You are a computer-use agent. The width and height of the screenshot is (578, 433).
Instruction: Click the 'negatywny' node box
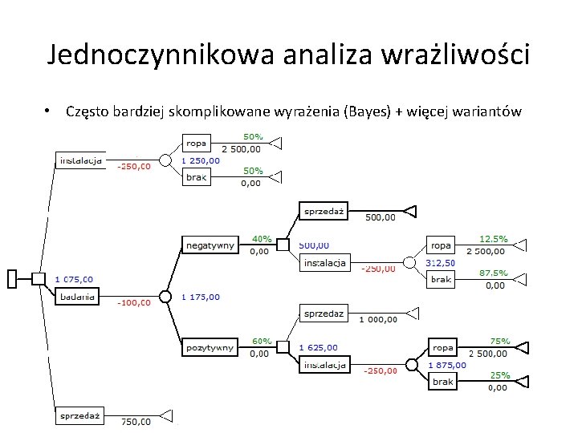(210, 245)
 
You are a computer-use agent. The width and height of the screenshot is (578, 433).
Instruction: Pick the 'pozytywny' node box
(210, 347)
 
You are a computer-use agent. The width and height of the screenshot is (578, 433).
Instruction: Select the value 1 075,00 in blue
(74, 279)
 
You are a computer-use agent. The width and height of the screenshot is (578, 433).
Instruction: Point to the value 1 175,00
(200, 297)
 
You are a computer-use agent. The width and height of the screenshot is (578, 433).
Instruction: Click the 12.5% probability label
(493, 239)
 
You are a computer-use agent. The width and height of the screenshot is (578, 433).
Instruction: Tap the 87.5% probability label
(493, 273)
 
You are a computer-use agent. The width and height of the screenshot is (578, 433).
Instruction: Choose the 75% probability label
(501, 341)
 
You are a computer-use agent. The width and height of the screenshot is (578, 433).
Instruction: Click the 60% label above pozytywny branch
(262, 342)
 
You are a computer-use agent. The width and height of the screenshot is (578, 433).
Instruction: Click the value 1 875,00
(447, 365)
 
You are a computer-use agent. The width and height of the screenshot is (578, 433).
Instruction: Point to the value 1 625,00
(318, 348)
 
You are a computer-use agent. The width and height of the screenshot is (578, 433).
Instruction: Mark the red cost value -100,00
(134, 303)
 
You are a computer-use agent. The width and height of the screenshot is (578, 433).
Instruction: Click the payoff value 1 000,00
(377, 319)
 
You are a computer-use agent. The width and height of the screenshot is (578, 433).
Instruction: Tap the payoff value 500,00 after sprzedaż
(381, 216)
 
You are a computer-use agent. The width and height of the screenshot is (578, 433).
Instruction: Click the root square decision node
(38, 278)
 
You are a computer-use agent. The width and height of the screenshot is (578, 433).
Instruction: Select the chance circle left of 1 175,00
(165, 296)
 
